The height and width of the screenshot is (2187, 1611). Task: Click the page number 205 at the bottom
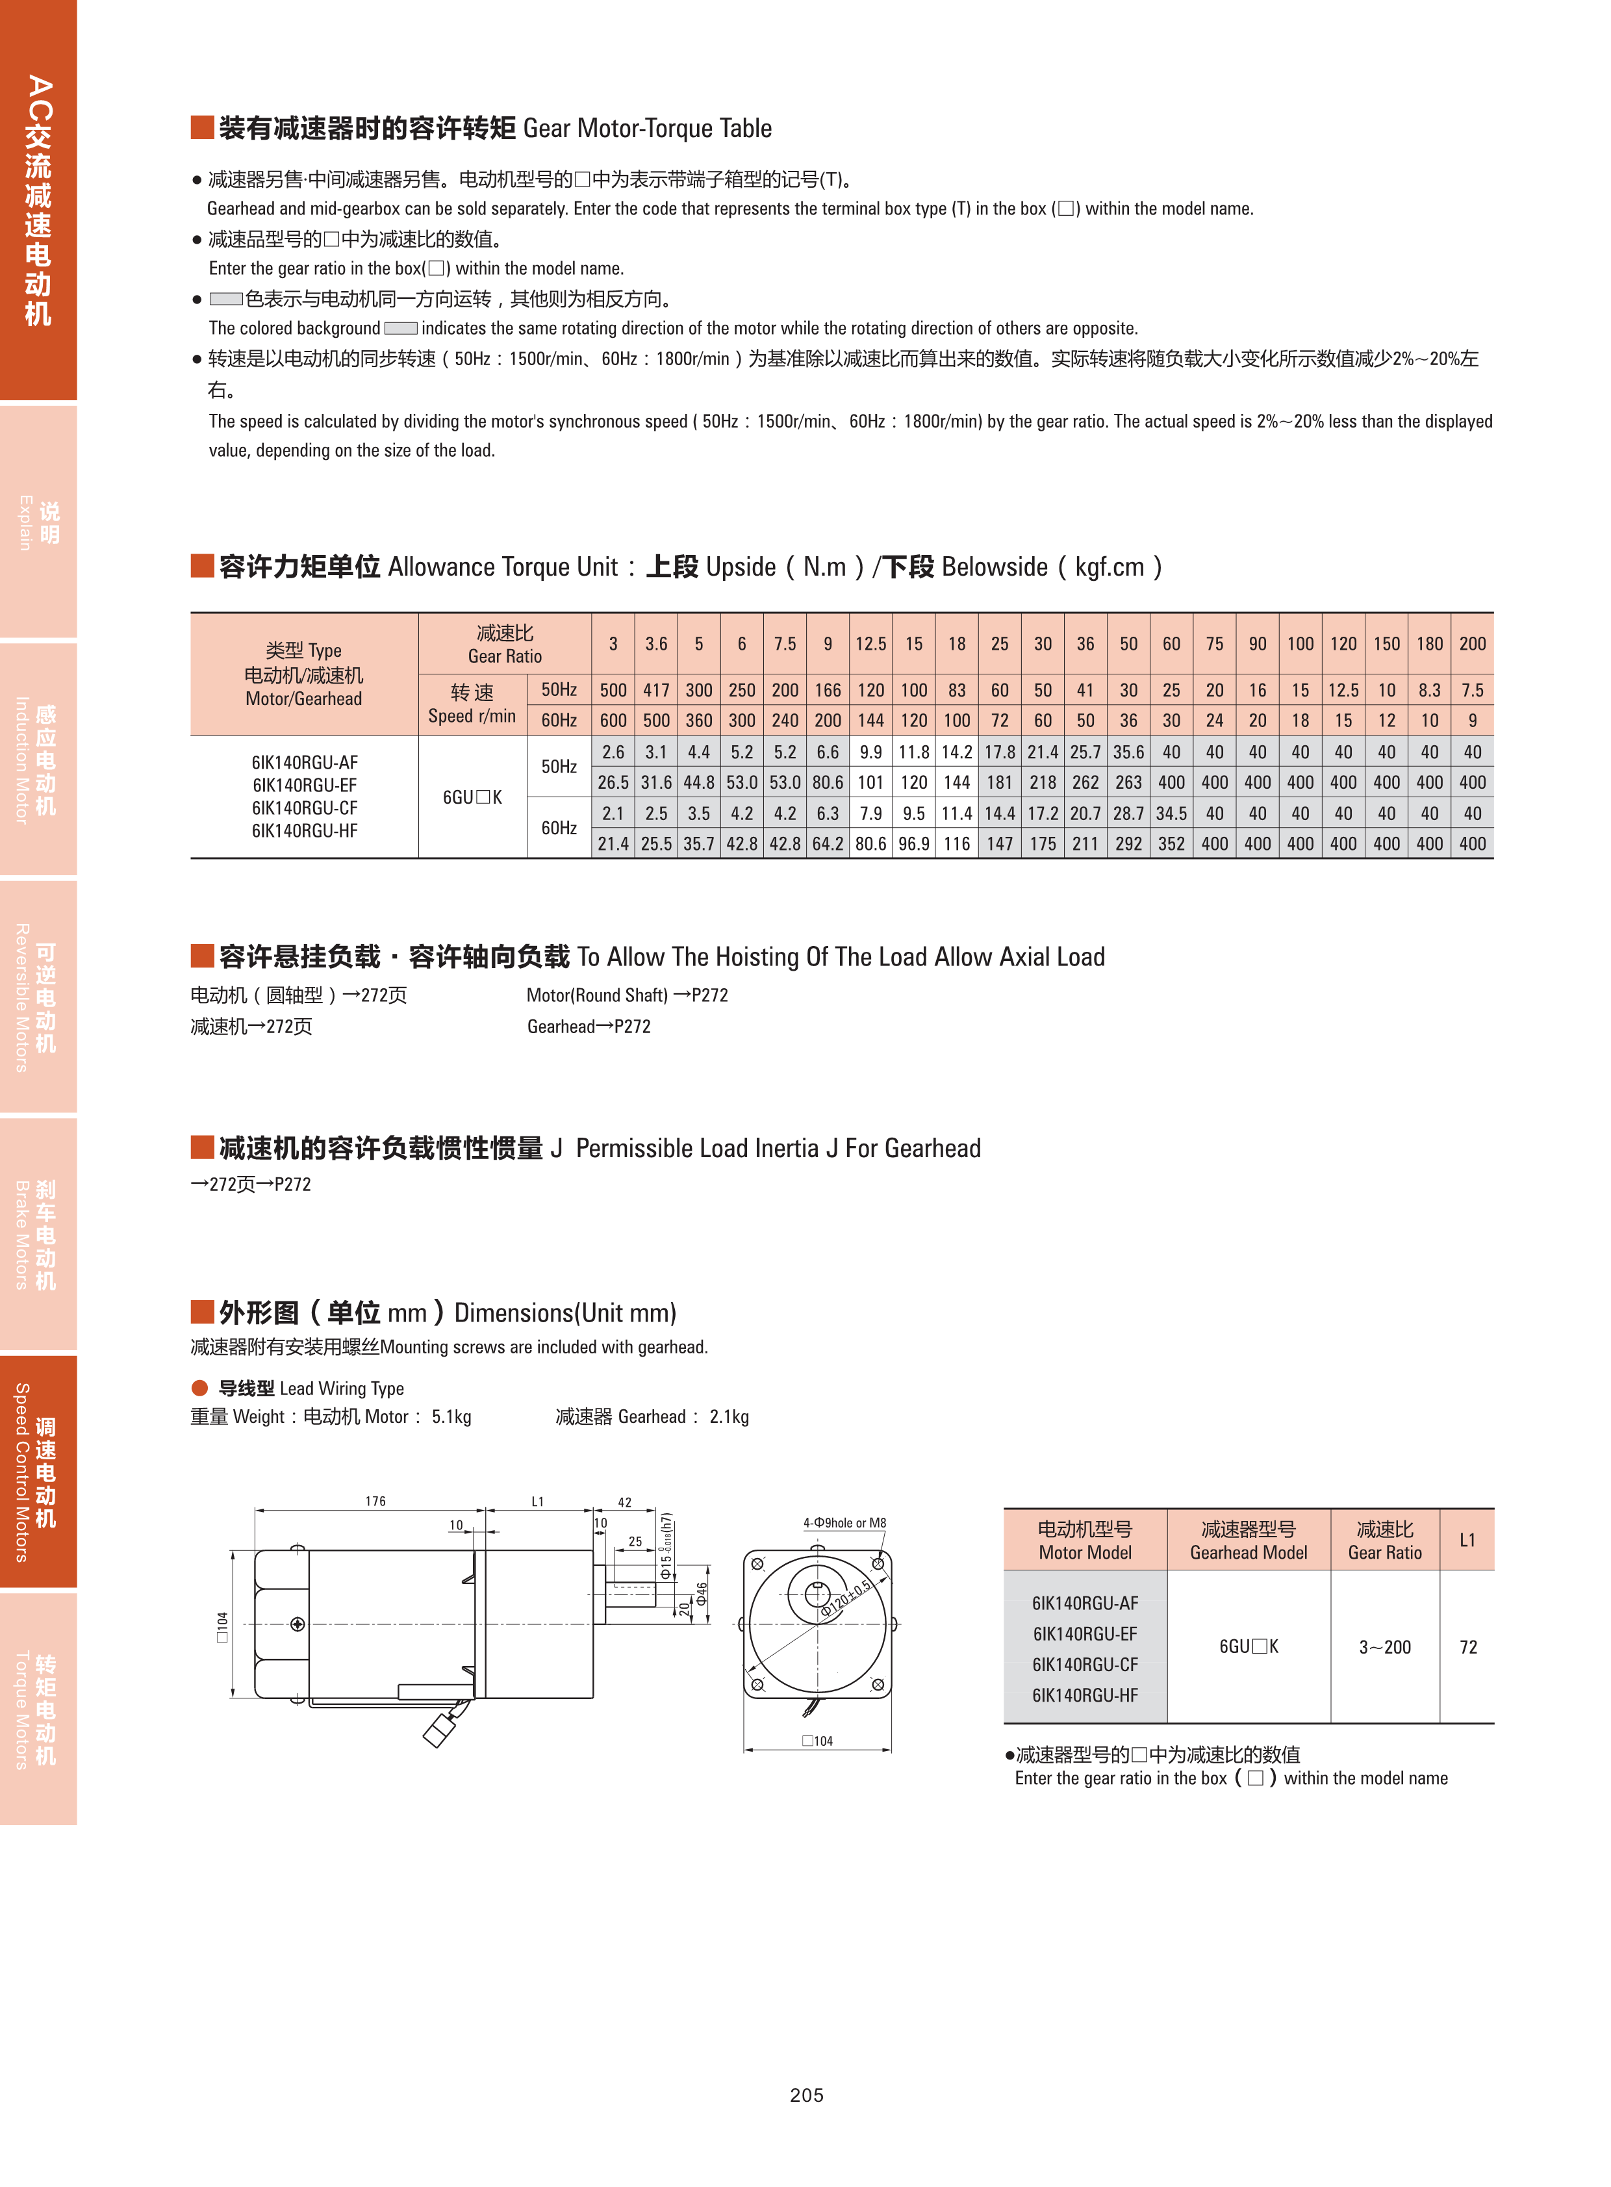(807, 2094)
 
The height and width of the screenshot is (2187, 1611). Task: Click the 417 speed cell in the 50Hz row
(656, 689)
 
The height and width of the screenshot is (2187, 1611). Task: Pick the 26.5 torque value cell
(613, 782)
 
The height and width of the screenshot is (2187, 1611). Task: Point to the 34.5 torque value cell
(1171, 813)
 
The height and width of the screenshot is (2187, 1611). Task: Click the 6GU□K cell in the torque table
(472, 797)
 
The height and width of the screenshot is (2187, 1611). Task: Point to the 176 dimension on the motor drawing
(375, 1502)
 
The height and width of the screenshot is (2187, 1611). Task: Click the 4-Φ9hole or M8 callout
(844, 1523)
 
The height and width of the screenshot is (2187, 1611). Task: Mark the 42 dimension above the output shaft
(624, 1502)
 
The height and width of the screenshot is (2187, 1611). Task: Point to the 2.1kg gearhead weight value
(729, 1416)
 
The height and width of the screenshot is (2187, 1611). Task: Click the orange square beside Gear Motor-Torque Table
(202, 128)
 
